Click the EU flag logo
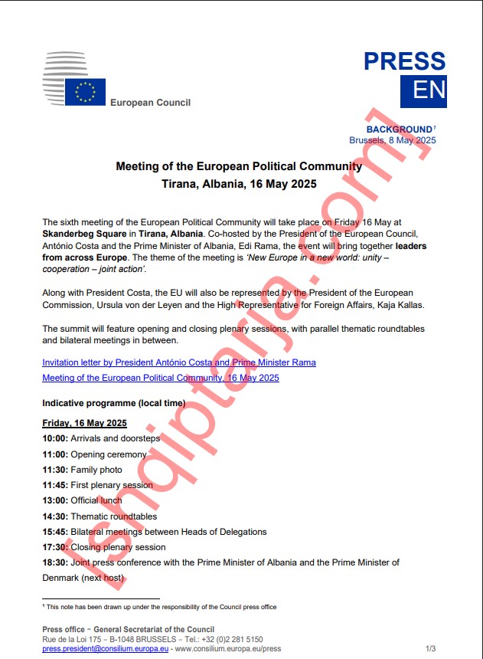click(85, 92)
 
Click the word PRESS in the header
click(404, 61)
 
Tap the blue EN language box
click(423, 91)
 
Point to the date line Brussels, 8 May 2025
click(392, 140)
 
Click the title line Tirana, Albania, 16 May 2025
click(239, 184)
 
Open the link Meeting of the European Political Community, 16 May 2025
click(161, 378)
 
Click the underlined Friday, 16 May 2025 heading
click(84, 424)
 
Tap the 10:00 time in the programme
click(55, 438)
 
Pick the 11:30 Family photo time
click(55, 470)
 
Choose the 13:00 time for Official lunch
click(55, 500)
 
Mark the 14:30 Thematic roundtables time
click(55, 516)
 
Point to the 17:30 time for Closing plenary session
click(55, 547)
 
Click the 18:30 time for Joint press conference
click(55, 562)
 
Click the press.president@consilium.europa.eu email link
click(106, 648)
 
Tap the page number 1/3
click(430, 648)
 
